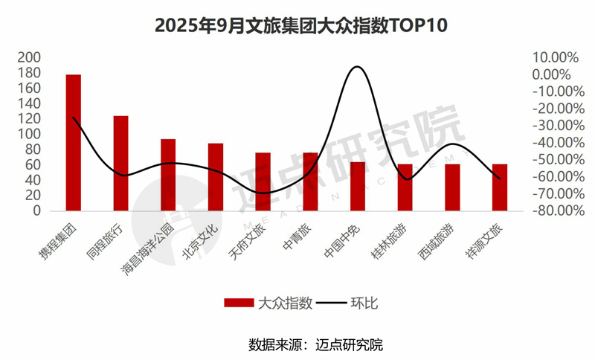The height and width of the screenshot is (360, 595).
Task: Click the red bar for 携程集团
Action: click(73, 142)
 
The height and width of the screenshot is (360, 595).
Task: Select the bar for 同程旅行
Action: click(120, 163)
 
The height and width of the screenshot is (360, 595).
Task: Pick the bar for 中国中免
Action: click(358, 186)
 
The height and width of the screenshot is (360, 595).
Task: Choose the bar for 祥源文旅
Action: click(500, 187)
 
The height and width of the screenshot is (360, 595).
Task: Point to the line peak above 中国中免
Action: click(357, 67)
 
